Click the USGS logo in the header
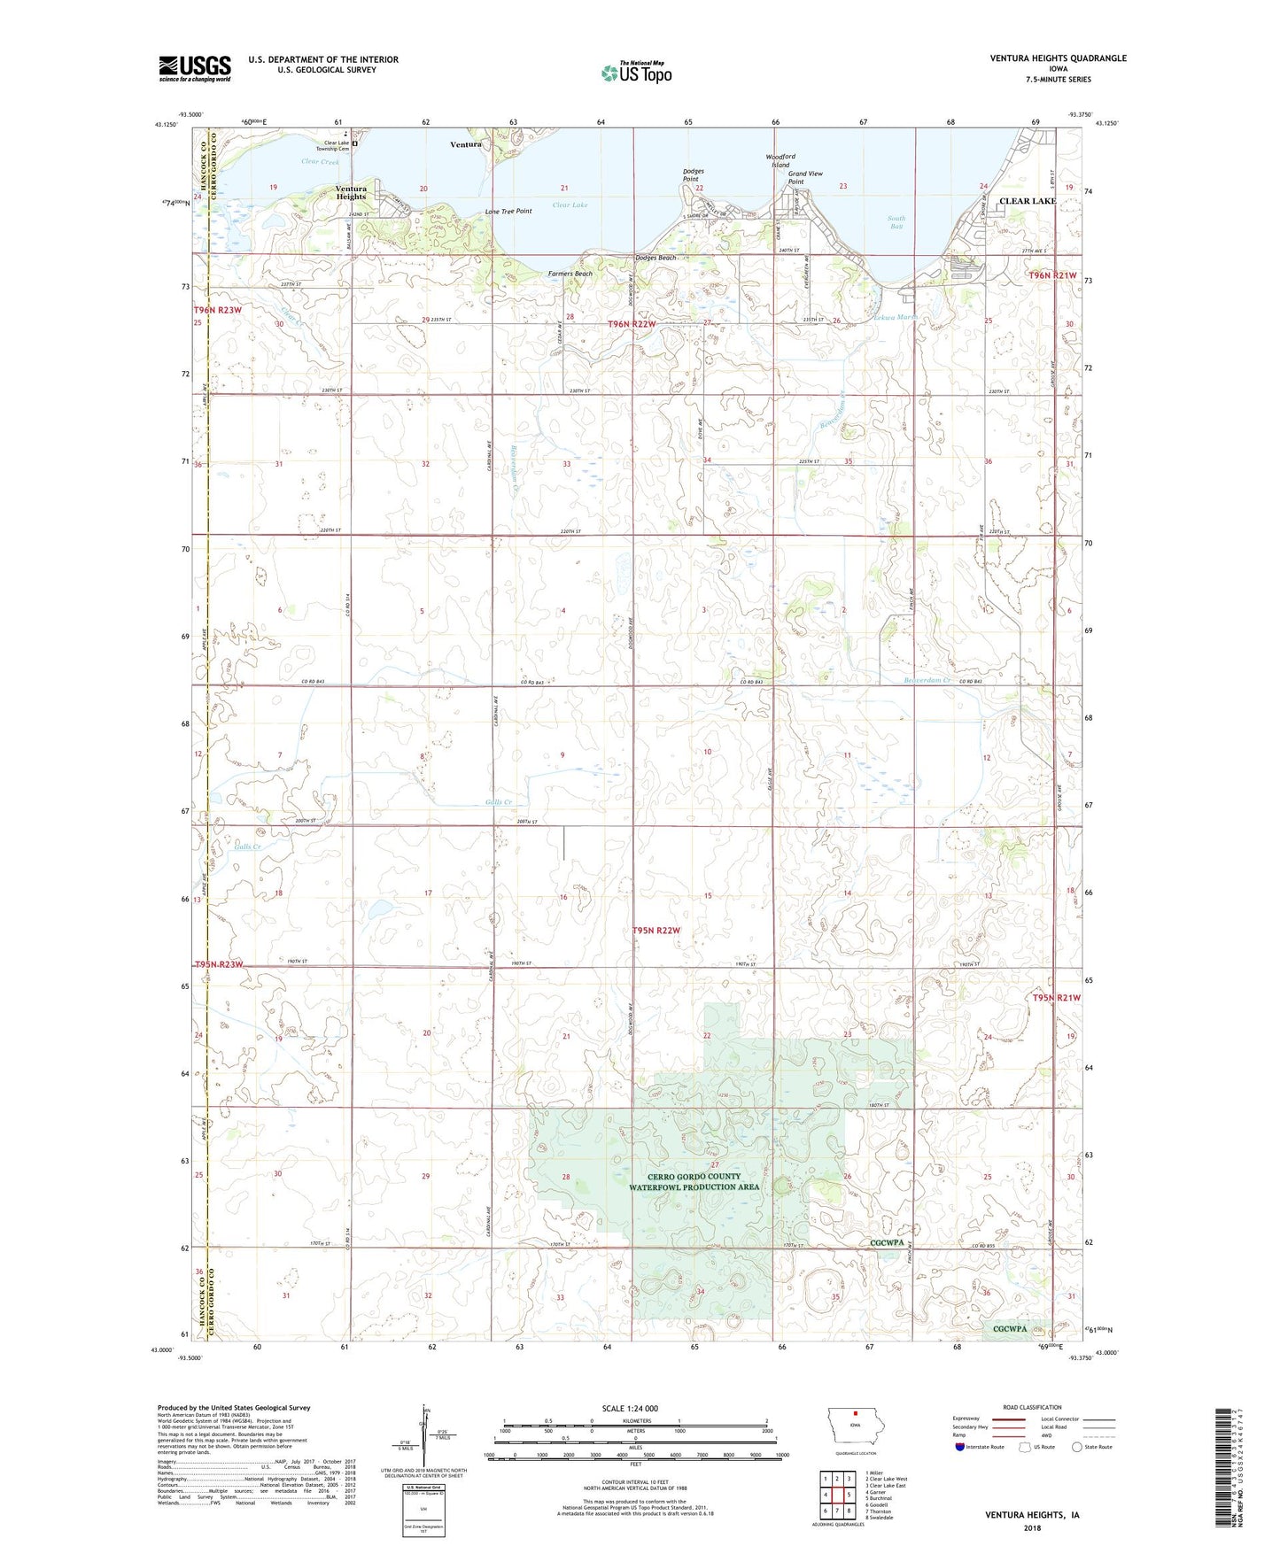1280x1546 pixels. tap(194, 68)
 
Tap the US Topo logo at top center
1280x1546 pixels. tap(636, 73)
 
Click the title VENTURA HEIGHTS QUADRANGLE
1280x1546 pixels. tap(1059, 58)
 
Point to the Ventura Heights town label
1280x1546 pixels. tap(350, 192)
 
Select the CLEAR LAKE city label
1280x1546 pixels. tap(1027, 201)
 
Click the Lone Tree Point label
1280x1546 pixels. tap(508, 212)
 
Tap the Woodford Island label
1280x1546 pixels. tap(780, 160)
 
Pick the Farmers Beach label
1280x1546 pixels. tap(570, 274)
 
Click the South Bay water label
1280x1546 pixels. tap(896, 222)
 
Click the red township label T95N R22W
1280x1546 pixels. tap(656, 931)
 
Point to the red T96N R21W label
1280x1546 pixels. tap(1052, 276)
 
